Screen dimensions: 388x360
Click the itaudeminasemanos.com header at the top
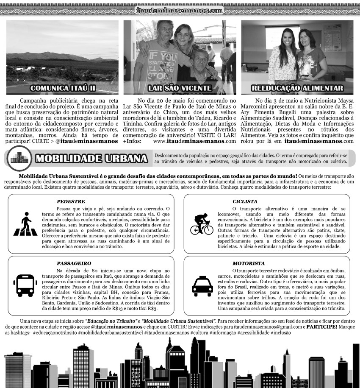(180, 10)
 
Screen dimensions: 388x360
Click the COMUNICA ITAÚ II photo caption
(62, 88)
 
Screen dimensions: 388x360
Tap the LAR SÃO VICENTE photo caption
(180, 88)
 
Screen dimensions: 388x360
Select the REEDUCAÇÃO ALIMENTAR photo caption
(297, 88)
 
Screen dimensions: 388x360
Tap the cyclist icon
(202, 224)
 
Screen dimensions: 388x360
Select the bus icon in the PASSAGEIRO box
(25, 285)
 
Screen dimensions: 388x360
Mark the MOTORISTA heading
(249, 263)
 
